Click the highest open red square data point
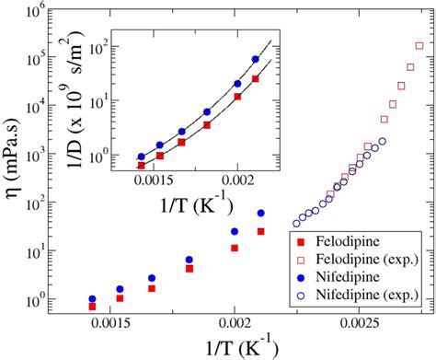[x=419, y=45]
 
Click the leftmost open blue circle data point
[x=296, y=223]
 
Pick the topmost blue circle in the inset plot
[x=255, y=60]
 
